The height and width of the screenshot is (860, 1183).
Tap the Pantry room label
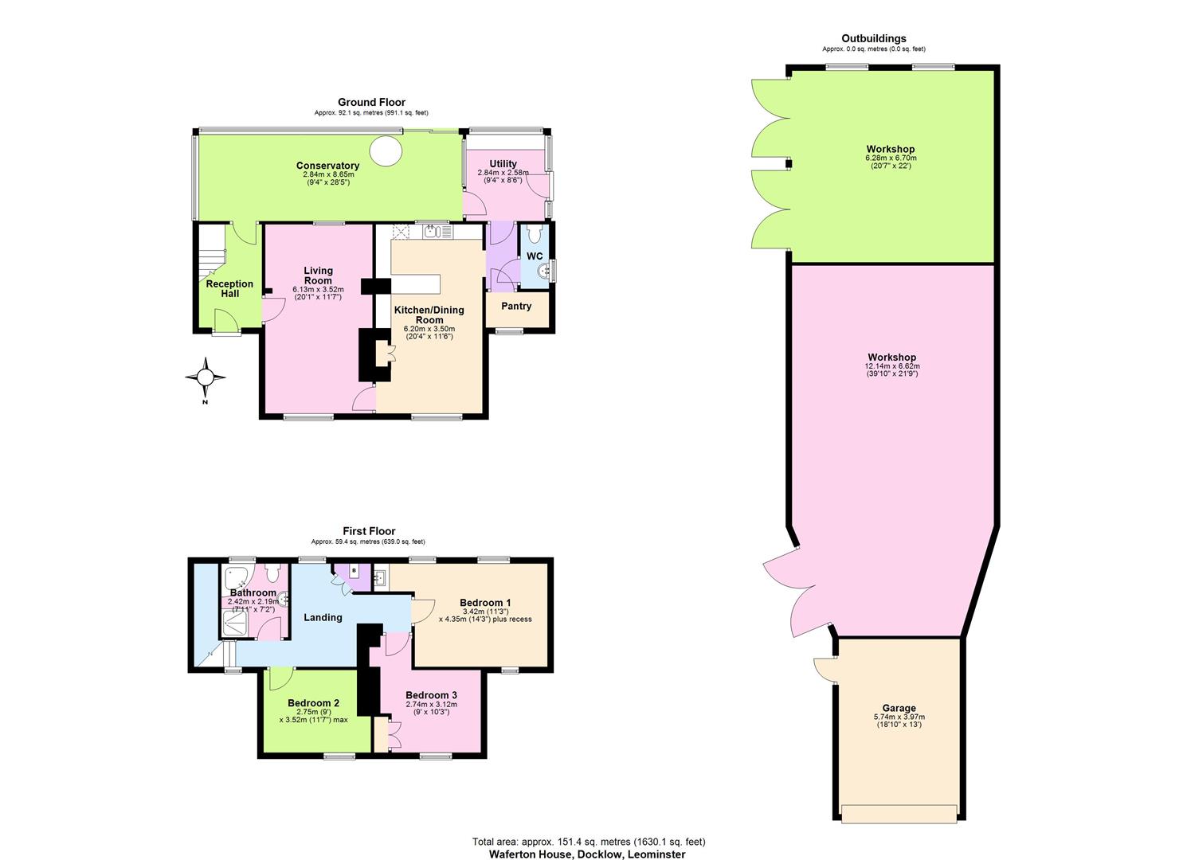[x=516, y=306]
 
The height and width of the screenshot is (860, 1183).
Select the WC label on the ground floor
[x=535, y=256]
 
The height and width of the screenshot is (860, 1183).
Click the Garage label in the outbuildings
[x=899, y=708]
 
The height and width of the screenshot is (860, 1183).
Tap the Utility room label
[x=503, y=164]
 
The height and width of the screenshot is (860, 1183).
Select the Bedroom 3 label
[x=431, y=695]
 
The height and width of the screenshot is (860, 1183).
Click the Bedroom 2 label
[x=314, y=703]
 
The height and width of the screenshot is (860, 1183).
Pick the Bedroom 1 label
[x=485, y=603]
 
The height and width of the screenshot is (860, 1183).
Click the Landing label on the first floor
[x=323, y=617]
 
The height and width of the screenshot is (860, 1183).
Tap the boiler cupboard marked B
[x=354, y=572]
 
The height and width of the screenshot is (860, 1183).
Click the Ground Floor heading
[x=371, y=102]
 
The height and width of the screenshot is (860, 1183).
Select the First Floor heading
[x=369, y=531]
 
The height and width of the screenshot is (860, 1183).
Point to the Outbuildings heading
[x=874, y=38]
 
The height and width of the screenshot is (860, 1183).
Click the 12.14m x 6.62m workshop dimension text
[x=891, y=366]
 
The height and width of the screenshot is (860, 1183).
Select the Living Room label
[x=318, y=276]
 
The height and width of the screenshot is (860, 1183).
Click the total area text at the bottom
[x=589, y=842]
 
